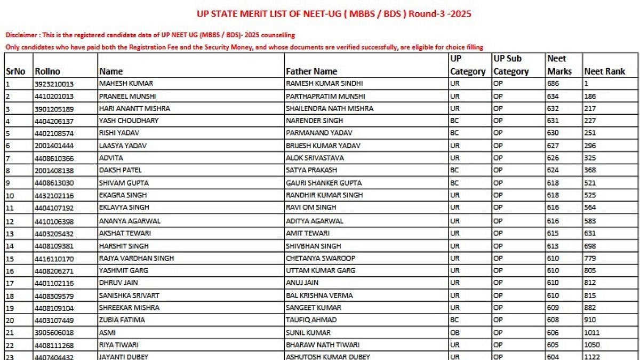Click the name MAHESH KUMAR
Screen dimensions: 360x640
[x=126, y=84]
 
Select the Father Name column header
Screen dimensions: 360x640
[x=311, y=71]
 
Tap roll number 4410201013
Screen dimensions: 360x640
[x=54, y=97]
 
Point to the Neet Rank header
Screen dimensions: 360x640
[x=604, y=71]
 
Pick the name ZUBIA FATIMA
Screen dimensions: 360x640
[x=122, y=320]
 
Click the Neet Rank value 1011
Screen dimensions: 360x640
[x=592, y=333]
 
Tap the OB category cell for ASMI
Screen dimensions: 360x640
[x=454, y=333]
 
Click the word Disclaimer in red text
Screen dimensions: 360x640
[x=21, y=35]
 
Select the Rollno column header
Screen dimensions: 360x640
[x=47, y=71]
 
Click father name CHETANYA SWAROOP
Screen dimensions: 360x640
[x=321, y=258]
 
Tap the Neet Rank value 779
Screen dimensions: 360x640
[x=590, y=258]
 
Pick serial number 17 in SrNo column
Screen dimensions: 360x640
[x=10, y=283]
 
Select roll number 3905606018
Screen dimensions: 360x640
[x=54, y=333]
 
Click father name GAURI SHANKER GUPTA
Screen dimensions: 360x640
[x=323, y=183]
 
